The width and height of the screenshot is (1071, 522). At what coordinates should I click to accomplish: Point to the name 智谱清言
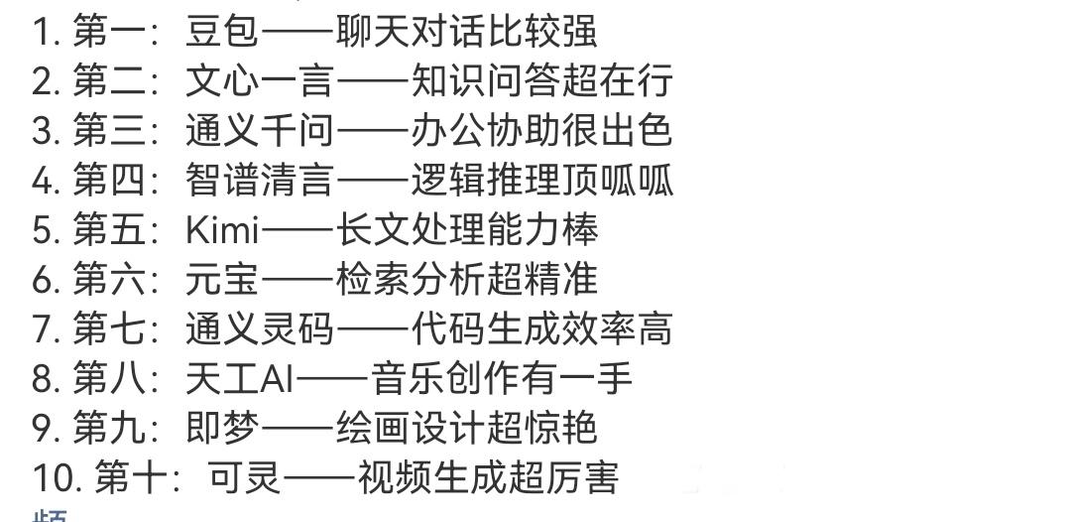click(x=260, y=181)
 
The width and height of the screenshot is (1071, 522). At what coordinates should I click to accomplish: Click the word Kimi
click(x=221, y=230)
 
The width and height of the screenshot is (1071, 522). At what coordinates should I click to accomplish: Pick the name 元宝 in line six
click(x=221, y=280)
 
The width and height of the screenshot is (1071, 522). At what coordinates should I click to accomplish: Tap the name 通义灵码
click(x=260, y=328)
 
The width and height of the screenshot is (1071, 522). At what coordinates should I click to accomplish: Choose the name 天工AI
click(x=239, y=378)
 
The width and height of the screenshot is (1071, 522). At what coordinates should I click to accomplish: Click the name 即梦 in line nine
click(x=221, y=428)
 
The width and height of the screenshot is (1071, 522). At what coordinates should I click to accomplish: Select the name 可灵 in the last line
click(x=245, y=478)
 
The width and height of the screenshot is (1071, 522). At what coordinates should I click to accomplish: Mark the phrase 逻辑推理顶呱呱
click(x=541, y=181)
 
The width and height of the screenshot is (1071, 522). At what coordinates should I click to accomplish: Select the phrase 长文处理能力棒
click(x=466, y=230)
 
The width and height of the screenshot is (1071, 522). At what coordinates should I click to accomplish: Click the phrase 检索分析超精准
click(x=466, y=280)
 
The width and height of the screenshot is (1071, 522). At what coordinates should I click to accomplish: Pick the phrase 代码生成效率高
click(x=541, y=328)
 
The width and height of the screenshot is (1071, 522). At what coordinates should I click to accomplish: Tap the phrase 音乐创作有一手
click(x=502, y=378)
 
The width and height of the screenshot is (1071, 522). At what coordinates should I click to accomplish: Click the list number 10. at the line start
click(x=56, y=478)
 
